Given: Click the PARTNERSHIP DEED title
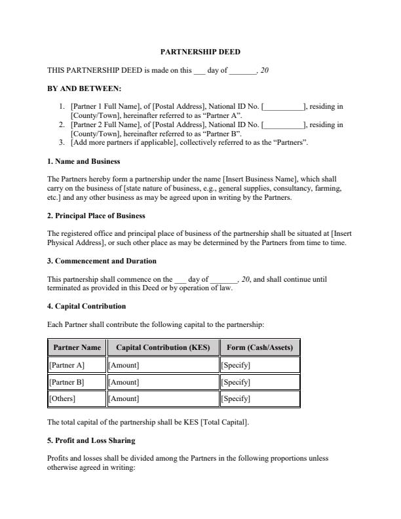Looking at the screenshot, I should tap(200, 51).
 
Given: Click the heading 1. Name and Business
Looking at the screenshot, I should tap(83, 161).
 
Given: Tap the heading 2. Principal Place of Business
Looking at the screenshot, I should tap(96, 215).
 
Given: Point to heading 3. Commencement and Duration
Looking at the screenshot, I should tap(102, 261).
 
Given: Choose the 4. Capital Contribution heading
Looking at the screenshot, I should tap(86, 306).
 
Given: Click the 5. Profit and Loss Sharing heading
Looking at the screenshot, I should tap(91, 440).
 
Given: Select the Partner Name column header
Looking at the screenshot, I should tap(77, 347).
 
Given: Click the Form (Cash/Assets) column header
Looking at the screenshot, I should tap(259, 347).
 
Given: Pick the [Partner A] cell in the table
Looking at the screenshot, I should tap(67, 365).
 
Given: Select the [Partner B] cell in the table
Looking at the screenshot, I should tap(67, 382).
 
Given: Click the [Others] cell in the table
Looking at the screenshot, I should tap(62, 398).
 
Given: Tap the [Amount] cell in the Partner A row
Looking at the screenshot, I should tap(123, 365).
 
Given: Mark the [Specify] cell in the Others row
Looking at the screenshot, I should tap(236, 398).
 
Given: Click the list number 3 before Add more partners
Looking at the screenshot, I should tap(62, 142).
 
